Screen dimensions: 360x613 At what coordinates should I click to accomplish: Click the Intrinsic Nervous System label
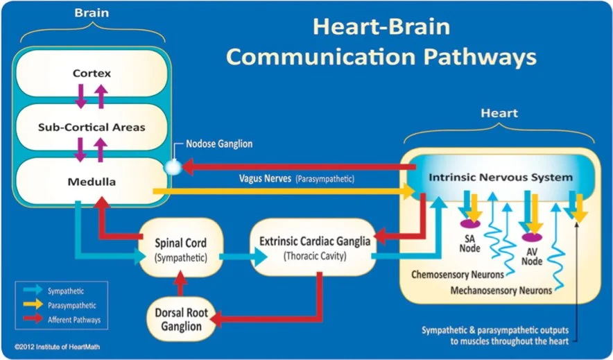[x=501, y=178]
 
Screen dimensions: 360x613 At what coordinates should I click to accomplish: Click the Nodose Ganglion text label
[x=218, y=144]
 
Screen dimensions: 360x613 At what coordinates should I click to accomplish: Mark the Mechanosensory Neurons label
[x=501, y=289]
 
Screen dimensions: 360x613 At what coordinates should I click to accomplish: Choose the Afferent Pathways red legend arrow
[x=32, y=320]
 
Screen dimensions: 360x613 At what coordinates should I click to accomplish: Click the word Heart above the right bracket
[x=499, y=112]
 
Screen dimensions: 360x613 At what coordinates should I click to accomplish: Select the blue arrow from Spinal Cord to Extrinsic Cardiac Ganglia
[x=242, y=256]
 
